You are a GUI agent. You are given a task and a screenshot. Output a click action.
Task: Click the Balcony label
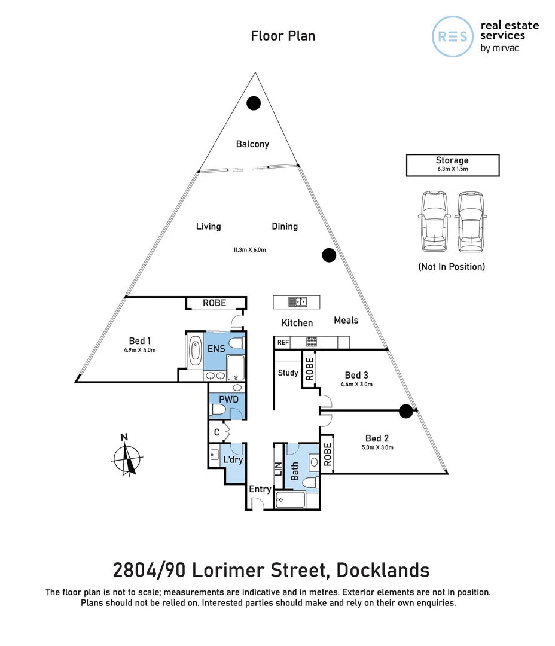click(x=252, y=144)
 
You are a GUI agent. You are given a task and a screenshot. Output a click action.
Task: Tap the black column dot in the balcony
click(x=254, y=103)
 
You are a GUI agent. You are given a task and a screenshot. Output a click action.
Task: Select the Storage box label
click(x=452, y=160)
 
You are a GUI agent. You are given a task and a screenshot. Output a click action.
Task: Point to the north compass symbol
click(x=127, y=458)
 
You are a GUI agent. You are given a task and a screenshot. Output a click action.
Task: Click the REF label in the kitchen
click(x=282, y=343)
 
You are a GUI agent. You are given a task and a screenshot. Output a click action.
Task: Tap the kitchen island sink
click(x=297, y=301)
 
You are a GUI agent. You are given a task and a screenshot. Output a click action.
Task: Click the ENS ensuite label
click(x=216, y=349)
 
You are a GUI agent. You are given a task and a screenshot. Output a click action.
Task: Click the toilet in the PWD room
click(x=217, y=410)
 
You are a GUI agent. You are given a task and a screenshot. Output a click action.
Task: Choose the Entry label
click(x=260, y=489)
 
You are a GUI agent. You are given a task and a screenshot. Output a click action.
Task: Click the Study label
click(x=288, y=373)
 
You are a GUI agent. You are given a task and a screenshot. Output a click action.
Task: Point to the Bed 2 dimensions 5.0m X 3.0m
click(x=377, y=447)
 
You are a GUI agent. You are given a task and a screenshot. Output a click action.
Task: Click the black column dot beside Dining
click(x=328, y=255)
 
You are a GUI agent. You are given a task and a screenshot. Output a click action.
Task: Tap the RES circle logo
click(x=453, y=36)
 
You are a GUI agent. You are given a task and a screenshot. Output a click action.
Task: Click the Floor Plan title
click(x=283, y=36)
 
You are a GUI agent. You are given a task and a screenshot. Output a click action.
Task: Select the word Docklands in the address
click(x=383, y=569)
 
